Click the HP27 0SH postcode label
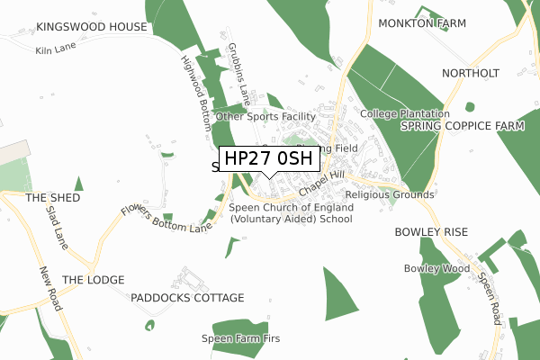coord(268,159)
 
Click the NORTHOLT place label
coord(470,72)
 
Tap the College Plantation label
coord(404,114)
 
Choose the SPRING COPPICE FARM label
coord(462,126)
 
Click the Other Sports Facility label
coord(265,117)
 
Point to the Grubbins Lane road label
coord(238,69)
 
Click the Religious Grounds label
coord(390,194)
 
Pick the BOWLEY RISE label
coord(431,232)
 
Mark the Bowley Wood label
coord(437,268)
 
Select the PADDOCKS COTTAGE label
coord(187,298)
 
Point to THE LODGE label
coord(93,280)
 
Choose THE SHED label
coord(52,197)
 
